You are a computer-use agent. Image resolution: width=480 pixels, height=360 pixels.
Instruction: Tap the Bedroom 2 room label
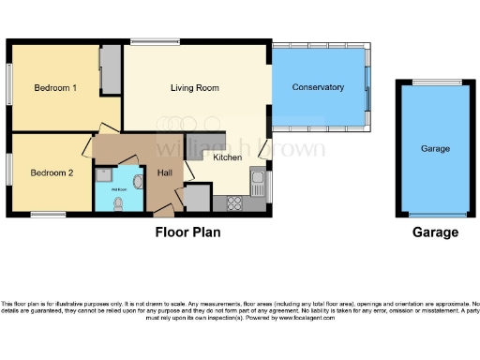pos(52,172)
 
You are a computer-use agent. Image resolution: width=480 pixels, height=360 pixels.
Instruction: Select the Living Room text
pos(194,88)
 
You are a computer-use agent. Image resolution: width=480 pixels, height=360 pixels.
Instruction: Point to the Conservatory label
pos(318,87)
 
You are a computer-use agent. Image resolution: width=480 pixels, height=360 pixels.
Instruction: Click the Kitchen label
pos(228,157)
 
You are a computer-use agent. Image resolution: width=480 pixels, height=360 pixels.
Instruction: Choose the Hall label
pos(164,172)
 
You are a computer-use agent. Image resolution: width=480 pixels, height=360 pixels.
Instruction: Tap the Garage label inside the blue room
pos(435,148)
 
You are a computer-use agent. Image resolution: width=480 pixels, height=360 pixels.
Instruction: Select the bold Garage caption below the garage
pos(435,232)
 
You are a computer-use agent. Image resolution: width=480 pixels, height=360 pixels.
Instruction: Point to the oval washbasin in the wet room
pos(138,182)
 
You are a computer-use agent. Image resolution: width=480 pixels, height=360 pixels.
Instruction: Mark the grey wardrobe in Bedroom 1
pos(111,69)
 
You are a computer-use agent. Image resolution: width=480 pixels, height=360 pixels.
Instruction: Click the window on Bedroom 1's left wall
pos(9,89)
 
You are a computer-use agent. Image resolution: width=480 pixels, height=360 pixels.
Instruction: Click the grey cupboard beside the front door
pos(197,199)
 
